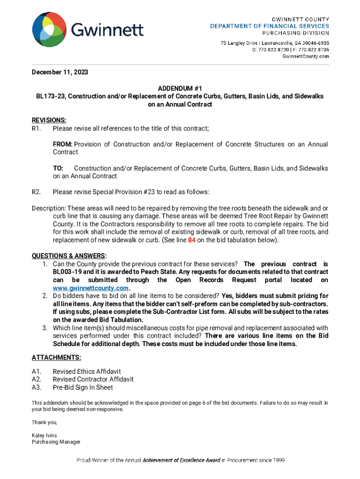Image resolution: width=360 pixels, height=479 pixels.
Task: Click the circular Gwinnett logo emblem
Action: point(49,30)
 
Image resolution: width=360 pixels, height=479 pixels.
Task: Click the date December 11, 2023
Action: point(60,73)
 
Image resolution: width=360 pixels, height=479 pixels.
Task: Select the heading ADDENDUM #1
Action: point(180,88)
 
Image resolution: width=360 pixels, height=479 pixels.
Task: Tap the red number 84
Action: point(192,240)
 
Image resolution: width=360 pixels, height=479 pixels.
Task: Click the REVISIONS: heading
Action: point(49,120)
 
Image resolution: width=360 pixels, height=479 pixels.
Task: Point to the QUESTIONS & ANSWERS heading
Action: point(69,256)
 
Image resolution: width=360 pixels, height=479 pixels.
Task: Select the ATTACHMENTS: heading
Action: point(56,357)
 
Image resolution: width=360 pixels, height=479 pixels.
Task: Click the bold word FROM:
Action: point(62,144)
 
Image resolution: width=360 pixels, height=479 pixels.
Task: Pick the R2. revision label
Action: point(36,192)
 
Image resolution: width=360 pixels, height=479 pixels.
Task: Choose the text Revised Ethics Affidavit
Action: point(86,371)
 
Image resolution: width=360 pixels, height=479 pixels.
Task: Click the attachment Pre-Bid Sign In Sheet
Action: point(83,387)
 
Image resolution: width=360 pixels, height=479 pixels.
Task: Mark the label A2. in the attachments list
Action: point(36,379)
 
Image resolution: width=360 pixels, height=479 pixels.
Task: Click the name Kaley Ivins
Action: point(44,435)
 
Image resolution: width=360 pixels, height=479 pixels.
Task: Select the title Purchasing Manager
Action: point(56,442)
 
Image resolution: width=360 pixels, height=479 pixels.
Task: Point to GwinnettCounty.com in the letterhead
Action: point(306,56)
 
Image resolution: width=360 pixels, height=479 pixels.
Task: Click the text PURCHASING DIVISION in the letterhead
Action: point(295,33)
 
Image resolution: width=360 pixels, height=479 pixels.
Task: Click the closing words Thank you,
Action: point(44,422)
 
